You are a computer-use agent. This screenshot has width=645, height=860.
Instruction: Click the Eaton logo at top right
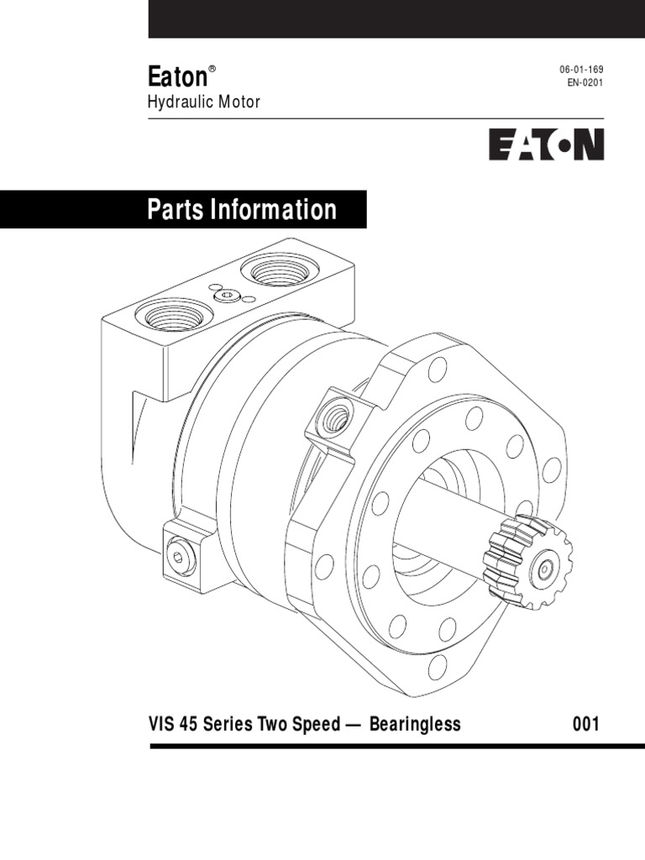click(547, 144)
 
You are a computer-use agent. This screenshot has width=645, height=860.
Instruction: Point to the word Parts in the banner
click(176, 209)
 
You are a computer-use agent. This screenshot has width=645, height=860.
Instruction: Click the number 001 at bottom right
click(585, 723)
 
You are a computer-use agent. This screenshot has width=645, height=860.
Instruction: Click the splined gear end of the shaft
click(531, 562)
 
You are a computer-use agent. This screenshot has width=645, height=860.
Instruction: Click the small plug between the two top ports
click(227, 296)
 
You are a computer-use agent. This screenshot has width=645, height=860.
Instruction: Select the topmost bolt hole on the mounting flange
click(438, 369)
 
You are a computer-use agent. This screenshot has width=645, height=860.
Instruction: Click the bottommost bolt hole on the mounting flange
click(437, 667)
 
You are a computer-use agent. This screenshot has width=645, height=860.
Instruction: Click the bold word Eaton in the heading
click(177, 77)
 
